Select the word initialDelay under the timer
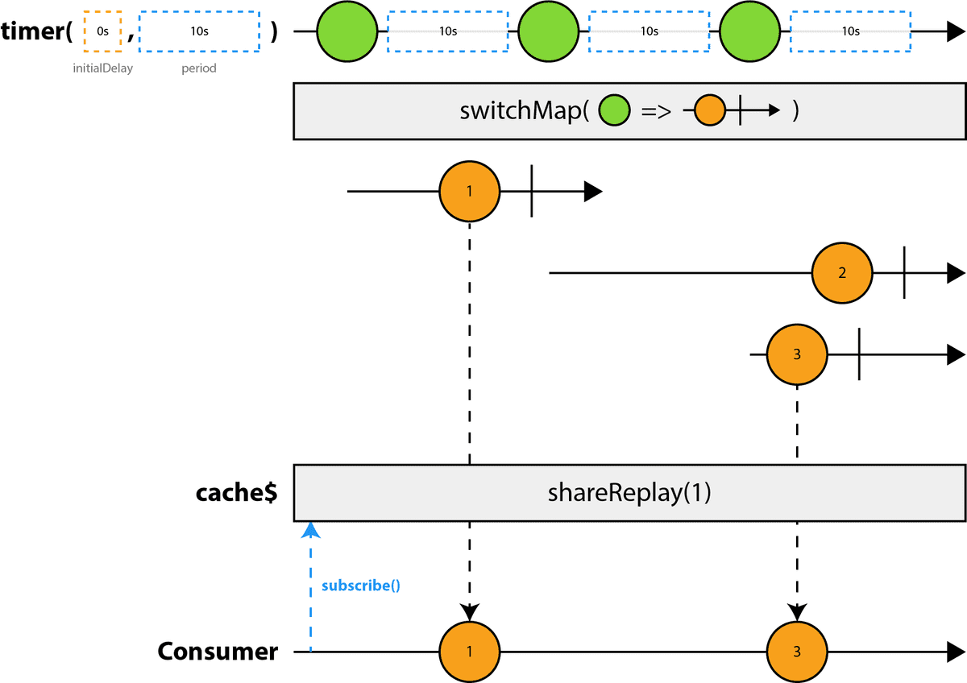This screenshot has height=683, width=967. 102,68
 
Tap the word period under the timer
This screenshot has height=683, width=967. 198,68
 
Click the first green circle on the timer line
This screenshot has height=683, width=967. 347,32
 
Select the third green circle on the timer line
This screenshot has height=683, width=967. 750,32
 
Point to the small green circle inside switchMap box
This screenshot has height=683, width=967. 614,111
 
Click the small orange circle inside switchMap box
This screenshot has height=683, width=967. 709,111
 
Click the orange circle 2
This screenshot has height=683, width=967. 842,273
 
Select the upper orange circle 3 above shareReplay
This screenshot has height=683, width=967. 797,354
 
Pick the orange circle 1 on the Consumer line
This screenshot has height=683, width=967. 469,652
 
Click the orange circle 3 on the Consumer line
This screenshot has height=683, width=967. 797,652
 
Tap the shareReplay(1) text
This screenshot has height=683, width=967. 630,493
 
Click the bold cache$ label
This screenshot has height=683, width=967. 237,493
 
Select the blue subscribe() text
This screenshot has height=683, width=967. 361,586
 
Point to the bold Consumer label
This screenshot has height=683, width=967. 218,652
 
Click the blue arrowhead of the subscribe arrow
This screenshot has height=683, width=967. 309,529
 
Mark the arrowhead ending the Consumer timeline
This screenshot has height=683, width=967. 956,652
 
